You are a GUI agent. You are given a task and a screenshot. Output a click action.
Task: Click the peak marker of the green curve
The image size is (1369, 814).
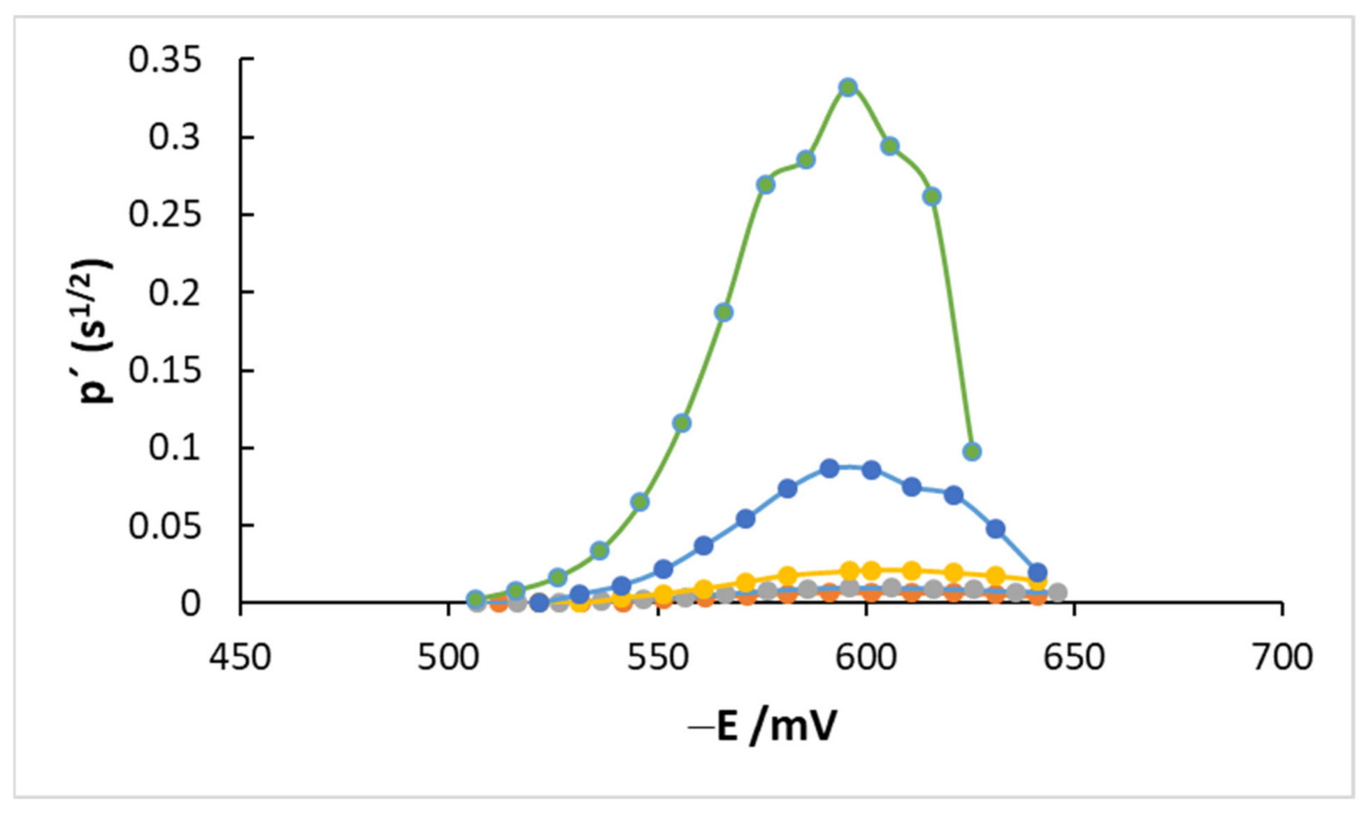[x=848, y=87]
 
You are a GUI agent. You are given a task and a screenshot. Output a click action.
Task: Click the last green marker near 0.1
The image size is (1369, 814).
[x=971, y=451]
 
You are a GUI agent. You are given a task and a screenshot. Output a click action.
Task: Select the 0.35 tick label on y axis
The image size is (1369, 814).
[x=165, y=60]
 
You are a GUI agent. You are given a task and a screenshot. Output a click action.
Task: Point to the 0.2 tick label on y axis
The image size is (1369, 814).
[x=175, y=292]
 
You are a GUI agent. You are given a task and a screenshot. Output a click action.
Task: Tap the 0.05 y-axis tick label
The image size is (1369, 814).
[x=165, y=526]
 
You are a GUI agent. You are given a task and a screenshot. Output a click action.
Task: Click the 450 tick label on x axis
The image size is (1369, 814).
[x=240, y=658]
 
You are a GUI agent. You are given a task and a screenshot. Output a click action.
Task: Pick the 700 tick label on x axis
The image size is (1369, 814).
[x=1282, y=658]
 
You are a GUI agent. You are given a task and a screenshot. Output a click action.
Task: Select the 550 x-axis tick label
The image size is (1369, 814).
[x=657, y=658]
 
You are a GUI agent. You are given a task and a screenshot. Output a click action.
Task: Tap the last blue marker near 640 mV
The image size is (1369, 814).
[x=1038, y=571]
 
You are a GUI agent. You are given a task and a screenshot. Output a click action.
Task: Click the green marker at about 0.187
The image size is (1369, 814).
[x=724, y=312]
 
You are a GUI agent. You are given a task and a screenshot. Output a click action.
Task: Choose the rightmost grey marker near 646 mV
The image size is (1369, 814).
[x=1058, y=592]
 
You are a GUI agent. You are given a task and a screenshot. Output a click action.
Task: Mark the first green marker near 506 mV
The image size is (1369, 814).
[x=475, y=599]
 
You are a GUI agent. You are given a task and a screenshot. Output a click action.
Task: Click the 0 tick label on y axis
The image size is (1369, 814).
[x=190, y=604]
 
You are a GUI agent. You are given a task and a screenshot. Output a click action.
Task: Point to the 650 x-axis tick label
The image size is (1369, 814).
[x=1074, y=658]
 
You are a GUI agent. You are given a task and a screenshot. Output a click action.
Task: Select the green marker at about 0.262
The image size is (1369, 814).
[x=931, y=197]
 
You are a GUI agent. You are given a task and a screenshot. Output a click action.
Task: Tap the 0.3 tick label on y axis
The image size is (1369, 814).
[x=175, y=138]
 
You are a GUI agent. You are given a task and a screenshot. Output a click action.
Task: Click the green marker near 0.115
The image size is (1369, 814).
[x=682, y=422]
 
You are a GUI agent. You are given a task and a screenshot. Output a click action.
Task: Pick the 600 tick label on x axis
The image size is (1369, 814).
[x=866, y=658]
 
